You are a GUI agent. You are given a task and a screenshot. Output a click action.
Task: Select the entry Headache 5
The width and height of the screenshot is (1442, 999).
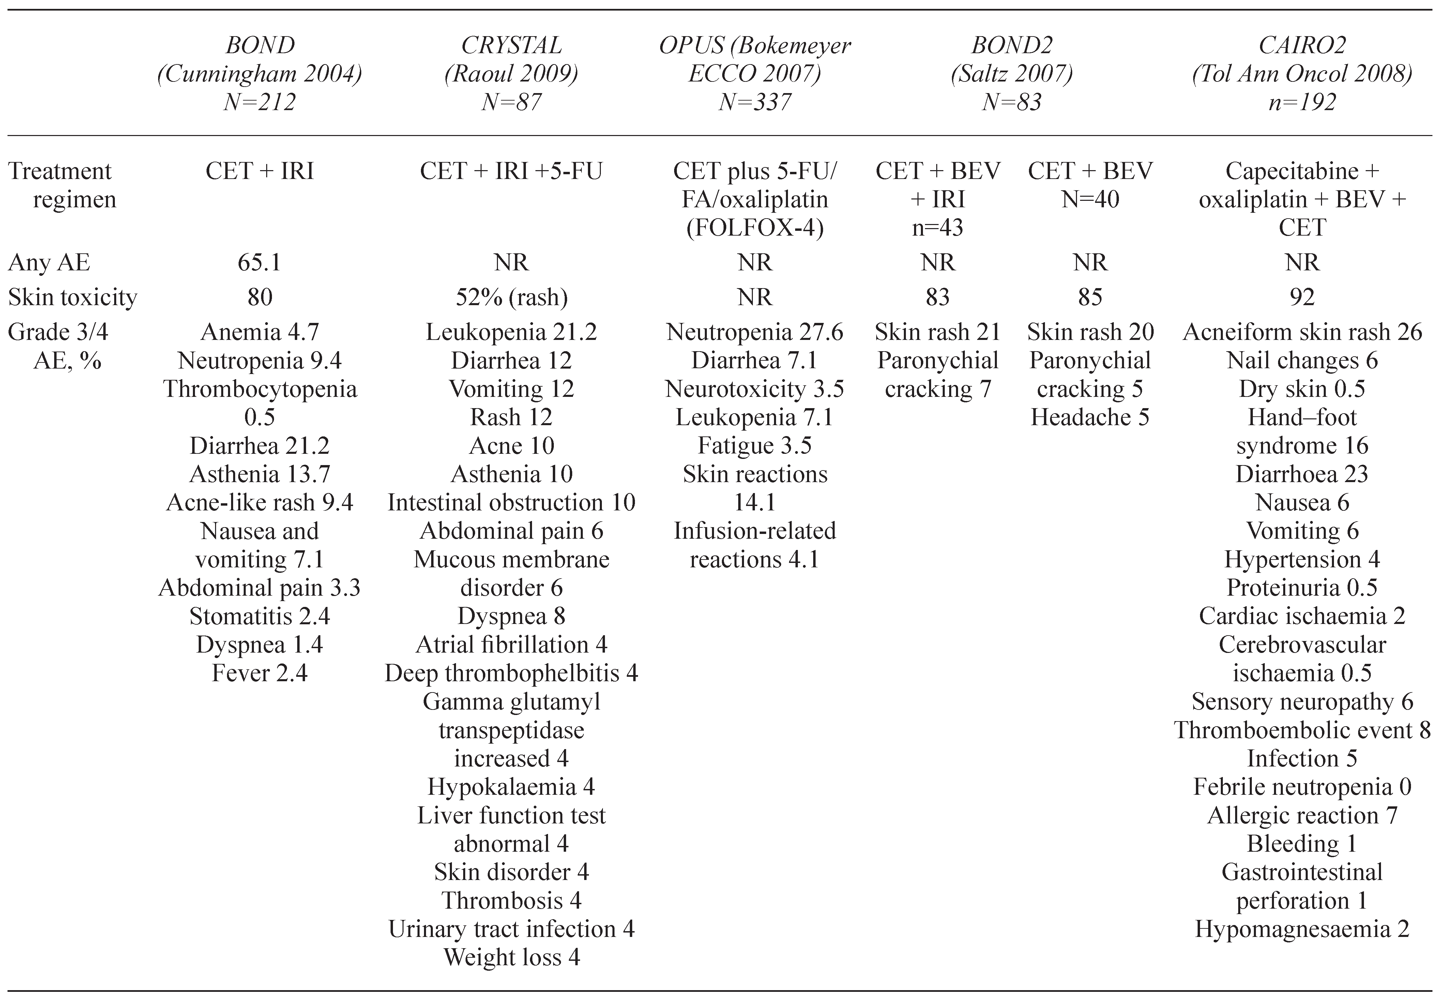(x=1090, y=417)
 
